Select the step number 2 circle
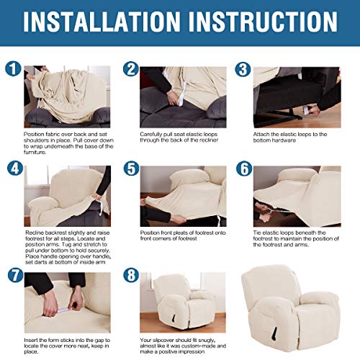[x=130, y=70]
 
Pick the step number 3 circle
[x=243, y=70]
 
